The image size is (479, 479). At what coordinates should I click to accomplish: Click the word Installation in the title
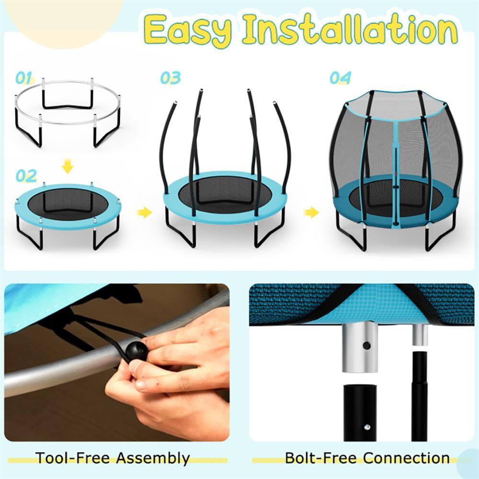point(350,30)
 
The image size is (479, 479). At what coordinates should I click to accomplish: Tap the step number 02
point(26,176)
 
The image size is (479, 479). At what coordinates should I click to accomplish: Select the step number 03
point(170,78)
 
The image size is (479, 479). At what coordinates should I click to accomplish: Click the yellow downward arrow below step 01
point(68,167)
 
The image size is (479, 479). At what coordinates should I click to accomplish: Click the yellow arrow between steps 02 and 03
point(144,212)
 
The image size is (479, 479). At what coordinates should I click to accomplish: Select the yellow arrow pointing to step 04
point(311,212)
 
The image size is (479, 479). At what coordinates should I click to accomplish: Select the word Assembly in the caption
point(153,458)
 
